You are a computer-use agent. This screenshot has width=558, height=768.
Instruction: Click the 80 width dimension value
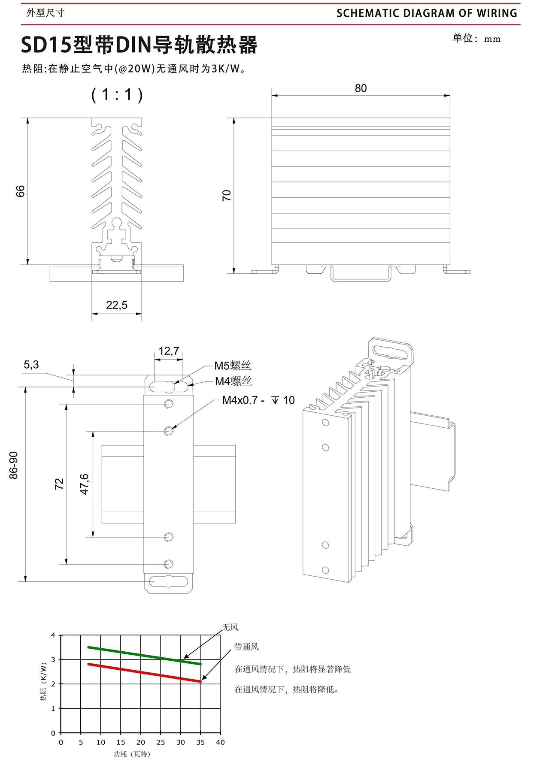coord(361,88)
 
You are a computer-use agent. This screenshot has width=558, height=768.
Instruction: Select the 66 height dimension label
coord(21,191)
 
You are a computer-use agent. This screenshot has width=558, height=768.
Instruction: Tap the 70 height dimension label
coord(227,196)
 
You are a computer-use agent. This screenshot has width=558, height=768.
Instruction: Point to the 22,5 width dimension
coord(117,305)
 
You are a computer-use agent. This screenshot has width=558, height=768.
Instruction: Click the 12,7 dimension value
coord(169,351)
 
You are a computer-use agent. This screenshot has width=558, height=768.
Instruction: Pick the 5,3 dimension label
coord(31,365)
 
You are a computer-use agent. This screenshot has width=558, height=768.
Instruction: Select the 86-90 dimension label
coord(14,465)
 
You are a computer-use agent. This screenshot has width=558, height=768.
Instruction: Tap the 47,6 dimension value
coord(85,484)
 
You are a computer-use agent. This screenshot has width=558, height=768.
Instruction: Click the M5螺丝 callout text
coord(233,366)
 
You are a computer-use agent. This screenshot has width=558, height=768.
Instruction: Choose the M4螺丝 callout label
coord(234,381)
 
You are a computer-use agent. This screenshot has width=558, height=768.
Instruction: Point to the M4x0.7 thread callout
coord(258,400)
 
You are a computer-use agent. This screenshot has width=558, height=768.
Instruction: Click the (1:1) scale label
coord(117,94)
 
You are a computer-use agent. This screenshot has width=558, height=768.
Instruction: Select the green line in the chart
coord(144,656)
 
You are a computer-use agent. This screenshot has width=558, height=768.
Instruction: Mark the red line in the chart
coord(144,673)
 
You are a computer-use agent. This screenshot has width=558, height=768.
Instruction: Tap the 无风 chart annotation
coord(230,627)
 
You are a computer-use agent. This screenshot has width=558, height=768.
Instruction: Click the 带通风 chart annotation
coord(246,647)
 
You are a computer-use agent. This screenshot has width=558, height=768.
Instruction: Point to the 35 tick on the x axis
coord(200,742)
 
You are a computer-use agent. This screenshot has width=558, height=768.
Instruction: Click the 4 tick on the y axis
coord(53,635)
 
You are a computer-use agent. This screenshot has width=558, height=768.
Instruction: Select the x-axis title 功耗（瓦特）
coord(132,754)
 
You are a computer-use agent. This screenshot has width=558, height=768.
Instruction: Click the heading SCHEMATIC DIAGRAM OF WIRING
coord(427,13)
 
